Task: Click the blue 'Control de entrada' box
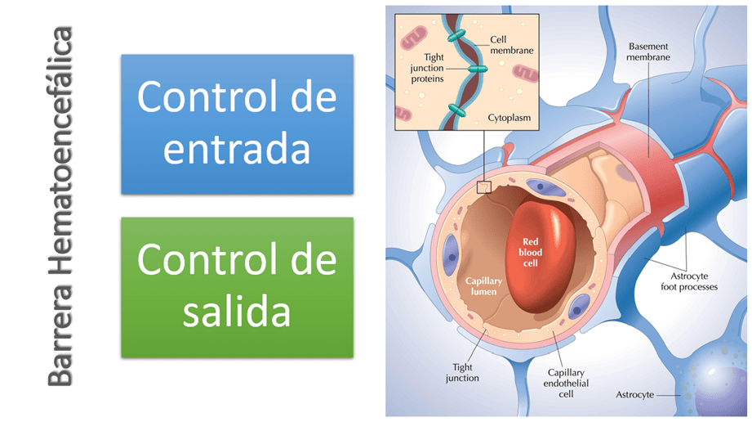point(237,123)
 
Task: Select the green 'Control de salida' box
point(237,287)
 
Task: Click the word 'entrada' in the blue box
point(237,150)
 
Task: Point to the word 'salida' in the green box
point(237,312)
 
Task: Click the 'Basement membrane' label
point(648,52)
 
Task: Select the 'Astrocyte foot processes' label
point(688,281)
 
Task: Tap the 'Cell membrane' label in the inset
point(511,45)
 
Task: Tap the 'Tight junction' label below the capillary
point(462,373)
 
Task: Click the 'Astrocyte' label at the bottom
point(634,395)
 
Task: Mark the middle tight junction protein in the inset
point(474,71)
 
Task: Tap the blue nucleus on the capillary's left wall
point(450,259)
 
